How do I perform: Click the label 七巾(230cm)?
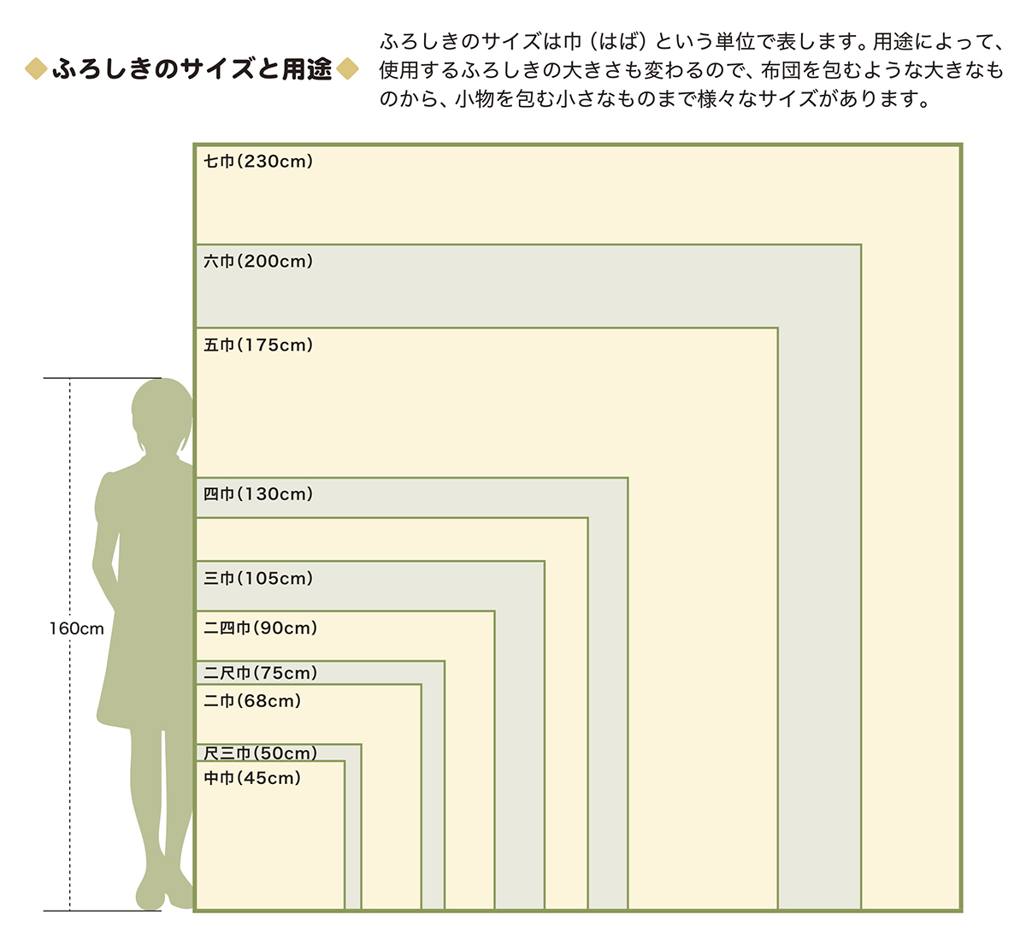tap(258, 162)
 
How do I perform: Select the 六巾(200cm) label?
tap(258, 262)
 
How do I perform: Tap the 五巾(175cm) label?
tap(258, 345)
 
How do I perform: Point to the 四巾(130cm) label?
tap(258, 494)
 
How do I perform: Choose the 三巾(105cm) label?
tap(258, 579)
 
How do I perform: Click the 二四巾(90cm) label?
tap(260, 628)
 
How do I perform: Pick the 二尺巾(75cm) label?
tap(260, 674)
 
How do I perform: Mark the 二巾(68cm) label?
tap(252, 701)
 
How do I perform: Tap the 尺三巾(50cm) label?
tap(260, 753)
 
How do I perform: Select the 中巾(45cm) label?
tap(252, 778)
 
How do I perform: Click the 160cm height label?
tap(76, 629)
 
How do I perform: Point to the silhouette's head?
tap(162, 415)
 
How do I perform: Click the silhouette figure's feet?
tap(162, 894)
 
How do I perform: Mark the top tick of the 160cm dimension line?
tap(103, 378)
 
